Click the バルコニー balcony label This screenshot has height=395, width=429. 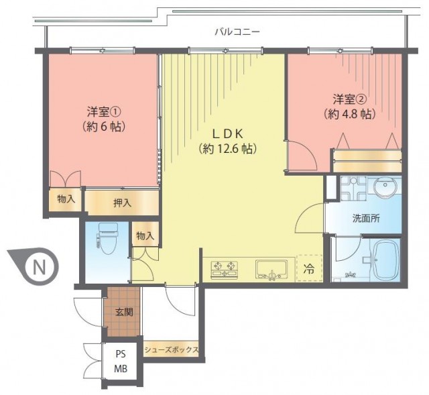pyautogui.click(x=237, y=32)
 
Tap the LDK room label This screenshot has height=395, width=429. pyautogui.click(x=228, y=134)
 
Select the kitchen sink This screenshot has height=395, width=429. pyautogui.click(x=271, y=270)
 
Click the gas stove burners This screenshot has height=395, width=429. pyautogui.click(x=224, y=269)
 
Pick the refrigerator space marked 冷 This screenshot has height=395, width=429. pyautogui.click(x=310, y=268)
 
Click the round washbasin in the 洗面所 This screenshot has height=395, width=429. pyautogui.click(x=385, y=186)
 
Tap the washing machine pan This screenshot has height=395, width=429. pyautogui.click(x=353, y=188)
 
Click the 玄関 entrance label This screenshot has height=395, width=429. pyautogui.click(x=124, y=312)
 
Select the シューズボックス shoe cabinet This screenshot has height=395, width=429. pyautogui.click(x=171, y=349)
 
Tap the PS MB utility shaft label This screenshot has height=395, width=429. pyautogui.click(x=121, y=361)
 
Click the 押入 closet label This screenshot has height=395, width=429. pyautogui.click(x=122, y=203)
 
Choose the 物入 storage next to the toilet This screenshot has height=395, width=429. pyautogui.click(x=145, y=235)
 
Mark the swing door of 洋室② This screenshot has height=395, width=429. pyautogui.click(x=302, y=155)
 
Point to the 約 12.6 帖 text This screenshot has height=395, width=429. pyautogui.click(x=228, y=149)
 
